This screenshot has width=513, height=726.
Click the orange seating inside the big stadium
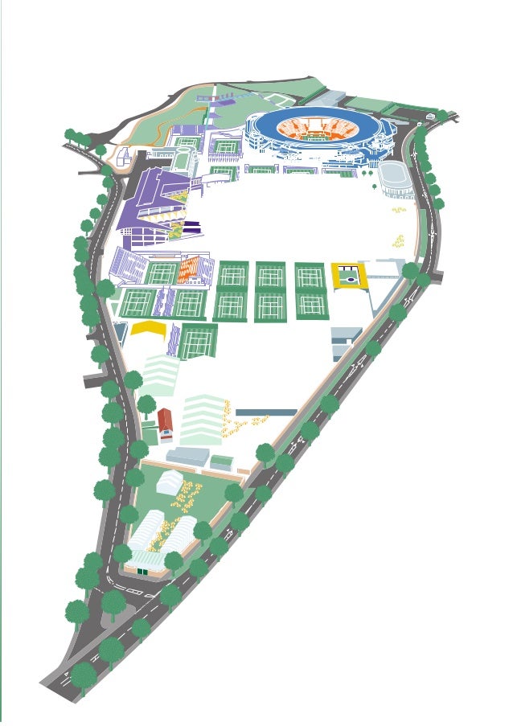click(x=318, y=129)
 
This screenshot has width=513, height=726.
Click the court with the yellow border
click(x=348, y=277)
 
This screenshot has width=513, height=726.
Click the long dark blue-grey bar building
click(x=265, y=412)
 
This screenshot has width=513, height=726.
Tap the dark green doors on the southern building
click(x=142, y=572)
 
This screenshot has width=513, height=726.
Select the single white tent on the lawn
click(x=169, y=482)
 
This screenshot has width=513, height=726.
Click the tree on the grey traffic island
click(x=113, y=601)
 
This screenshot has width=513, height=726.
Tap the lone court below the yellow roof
click(x=195, y=342)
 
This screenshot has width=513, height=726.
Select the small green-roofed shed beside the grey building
click(x=221, y=461)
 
